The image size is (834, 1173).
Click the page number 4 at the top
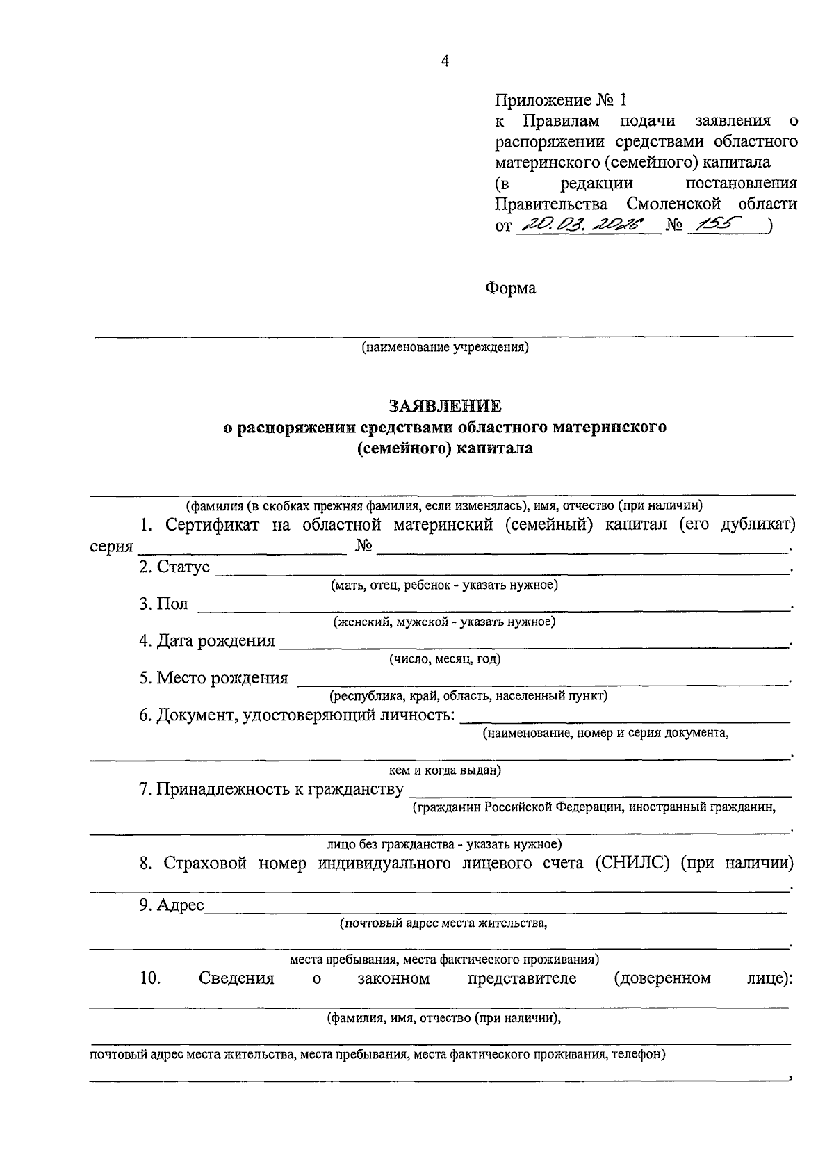(x=445, y=61)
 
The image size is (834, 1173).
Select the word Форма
(x=510, y=288)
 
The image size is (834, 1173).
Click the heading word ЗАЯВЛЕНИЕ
(x=445, y=405)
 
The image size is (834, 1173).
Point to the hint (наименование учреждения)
(x=445, y=347)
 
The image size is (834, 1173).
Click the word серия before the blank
(x=111, y=547)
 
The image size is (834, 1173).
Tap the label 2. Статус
(x=174, y=567)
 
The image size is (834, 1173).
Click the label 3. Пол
(x=163, y=604)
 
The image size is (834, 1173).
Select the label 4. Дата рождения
(x=206, y=640)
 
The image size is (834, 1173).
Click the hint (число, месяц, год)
(x=445, y=658)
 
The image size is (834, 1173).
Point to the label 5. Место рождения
(x=213, y=678)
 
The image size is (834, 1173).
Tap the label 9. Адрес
(x=171, y=905)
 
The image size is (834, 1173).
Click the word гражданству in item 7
(x=352, y=789)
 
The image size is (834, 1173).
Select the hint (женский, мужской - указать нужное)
(x=445, y=622)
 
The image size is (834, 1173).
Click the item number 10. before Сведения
(x=150, y=978)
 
